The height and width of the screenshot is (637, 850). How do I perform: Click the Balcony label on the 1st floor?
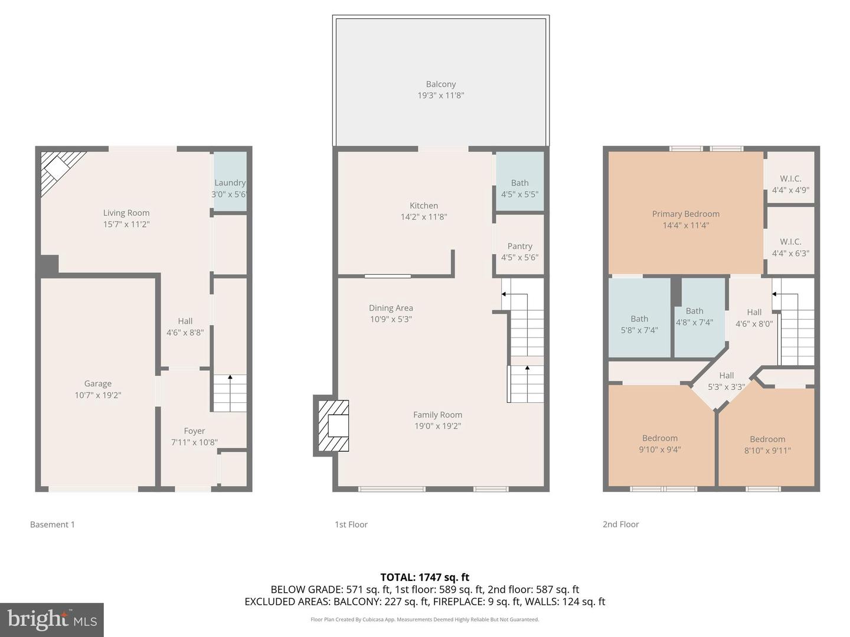point(440,84)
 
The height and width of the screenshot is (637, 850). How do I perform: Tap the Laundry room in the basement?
point(230,183)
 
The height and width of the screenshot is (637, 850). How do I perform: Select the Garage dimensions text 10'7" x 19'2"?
point(97,395)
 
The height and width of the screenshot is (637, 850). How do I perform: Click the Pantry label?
point(519,247)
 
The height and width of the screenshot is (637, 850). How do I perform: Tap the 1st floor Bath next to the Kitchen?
point(519,183)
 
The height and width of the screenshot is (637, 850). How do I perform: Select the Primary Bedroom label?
point(685,214)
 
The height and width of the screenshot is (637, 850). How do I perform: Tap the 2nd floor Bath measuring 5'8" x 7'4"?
point(639,319)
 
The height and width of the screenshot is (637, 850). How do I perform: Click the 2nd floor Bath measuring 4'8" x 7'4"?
point(694,311)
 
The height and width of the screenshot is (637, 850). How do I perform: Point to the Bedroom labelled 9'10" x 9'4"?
point(660,438)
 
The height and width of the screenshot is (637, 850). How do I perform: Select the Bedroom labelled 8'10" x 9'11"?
point(767,439)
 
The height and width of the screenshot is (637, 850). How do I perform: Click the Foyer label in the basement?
point(194,431)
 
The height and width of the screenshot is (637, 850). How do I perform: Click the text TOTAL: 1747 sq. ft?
point(424,577)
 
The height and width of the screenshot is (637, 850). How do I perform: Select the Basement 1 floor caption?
point(53,524)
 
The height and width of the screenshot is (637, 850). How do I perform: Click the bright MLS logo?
point(52,619)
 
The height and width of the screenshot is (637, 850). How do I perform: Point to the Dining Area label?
point(391,308)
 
